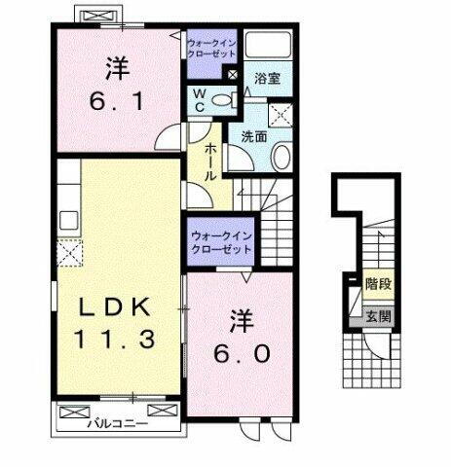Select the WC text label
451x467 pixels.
coord(199,100)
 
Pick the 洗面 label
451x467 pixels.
coord(255,137)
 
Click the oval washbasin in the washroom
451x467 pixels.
coord(281,159)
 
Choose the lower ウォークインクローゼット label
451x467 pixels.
coord(220,241)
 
